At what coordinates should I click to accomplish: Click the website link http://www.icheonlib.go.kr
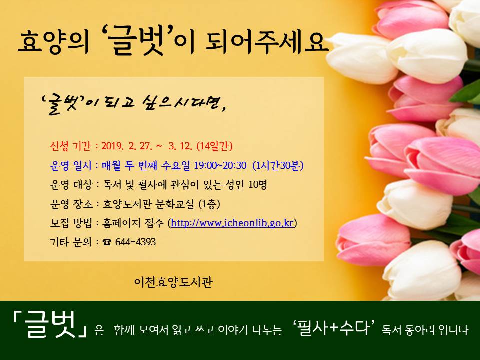point(232,223)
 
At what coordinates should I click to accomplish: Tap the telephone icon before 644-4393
point(107,242)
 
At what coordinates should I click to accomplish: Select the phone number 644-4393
point(135,242)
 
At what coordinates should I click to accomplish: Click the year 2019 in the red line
point(112,146)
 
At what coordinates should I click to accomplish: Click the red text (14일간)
point(214,146)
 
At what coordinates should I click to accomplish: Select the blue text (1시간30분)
point(278,165)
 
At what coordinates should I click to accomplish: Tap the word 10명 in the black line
point(258,184)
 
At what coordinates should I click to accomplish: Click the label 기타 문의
point(70,242)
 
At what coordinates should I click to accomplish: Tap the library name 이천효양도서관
point(173,282)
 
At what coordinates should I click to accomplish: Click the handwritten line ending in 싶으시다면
point(134,104)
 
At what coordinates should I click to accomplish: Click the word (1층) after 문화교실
point(209,204)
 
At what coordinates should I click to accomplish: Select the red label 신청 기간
point(70,146)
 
